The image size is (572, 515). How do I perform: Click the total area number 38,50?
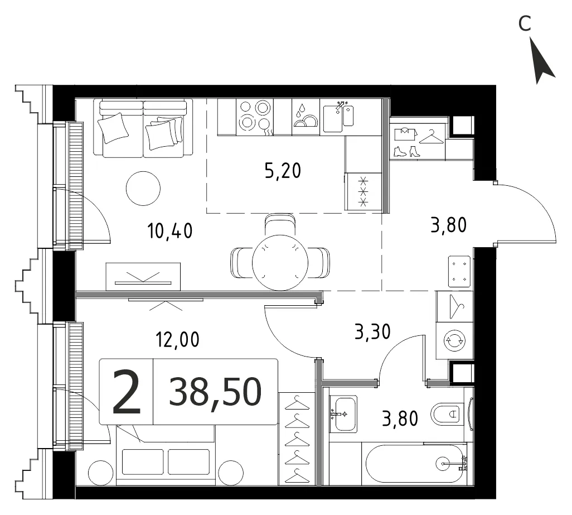coord(215,392)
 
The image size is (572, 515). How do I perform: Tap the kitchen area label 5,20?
coord(283,171)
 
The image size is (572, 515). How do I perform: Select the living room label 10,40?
coord(170,231)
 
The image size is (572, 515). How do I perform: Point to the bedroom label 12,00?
coord(178,339)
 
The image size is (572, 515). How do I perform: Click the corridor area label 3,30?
coord(372,332)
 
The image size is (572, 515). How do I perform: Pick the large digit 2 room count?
coord(126,392)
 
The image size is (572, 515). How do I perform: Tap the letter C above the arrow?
coord(525,24)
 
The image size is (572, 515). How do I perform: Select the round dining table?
coord(280,262)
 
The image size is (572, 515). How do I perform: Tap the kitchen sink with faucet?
coord(338,116)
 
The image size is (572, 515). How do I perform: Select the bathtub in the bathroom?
coord(416,464)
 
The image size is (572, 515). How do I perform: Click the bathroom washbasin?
coord(343,414)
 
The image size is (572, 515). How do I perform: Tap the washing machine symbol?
coord(454,340)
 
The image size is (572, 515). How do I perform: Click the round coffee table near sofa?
coord(143,189)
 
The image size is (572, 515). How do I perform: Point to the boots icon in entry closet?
coord(407,151)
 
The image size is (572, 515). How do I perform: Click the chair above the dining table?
coord(280,225)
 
